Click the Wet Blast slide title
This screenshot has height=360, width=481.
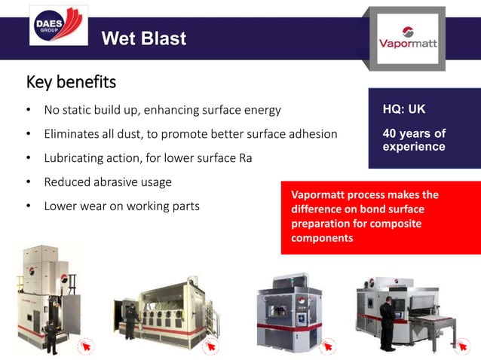coord(143,38)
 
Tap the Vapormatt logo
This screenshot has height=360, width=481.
coord(408,38)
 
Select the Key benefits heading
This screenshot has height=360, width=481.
coord(71,81)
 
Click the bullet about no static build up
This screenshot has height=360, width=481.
coord(162,110)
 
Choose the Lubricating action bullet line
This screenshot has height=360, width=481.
coord(148,158)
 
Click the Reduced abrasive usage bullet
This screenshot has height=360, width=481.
coord(108,182)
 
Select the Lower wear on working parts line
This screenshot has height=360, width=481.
coord(121,206)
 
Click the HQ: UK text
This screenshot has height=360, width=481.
coord(404,110)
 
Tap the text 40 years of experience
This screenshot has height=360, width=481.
coord(414,140)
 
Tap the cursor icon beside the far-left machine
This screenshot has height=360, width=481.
coord(84,348)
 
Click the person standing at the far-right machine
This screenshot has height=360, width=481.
coord(387,324)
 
